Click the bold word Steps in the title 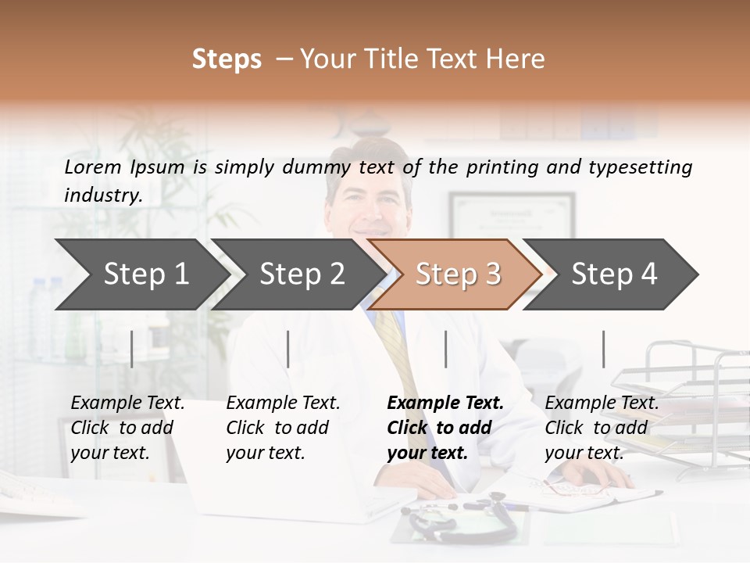point(227,59)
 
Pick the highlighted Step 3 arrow point(458,274)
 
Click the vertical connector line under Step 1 point(132,349)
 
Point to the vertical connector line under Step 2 point(288,349)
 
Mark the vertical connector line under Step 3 point(445,349)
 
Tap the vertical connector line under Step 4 point(603,349)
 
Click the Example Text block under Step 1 point(127,428)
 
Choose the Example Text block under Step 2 point(283,428)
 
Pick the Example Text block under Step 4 point(602,428)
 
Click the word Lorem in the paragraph point(93,167)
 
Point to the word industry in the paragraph point(103,195)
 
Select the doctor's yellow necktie point(395,344)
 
